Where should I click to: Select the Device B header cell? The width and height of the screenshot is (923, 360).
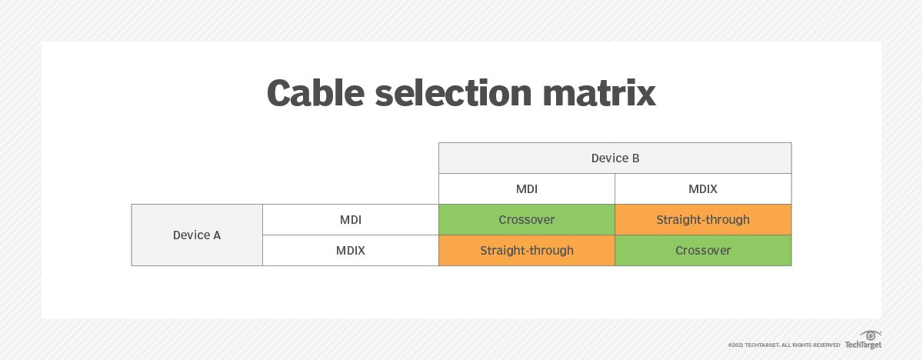click(x=615, y=158)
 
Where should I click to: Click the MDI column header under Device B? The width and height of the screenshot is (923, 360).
click(x=527, y=189)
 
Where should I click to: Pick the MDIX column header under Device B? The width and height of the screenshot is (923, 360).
click(x=703, y=189)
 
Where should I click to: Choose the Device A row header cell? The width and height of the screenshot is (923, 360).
click(x=197, y=235)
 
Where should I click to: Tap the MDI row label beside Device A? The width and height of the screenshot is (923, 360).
click(x=351, y=220)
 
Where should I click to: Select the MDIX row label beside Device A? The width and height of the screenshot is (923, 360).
click(x=351, y=251)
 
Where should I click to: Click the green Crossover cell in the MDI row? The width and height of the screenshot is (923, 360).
click(x=527, y=220)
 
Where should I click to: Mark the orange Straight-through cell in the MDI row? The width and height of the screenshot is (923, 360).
click(x=703, y=220)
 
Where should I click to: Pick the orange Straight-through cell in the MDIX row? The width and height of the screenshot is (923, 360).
click(x=527, y=251)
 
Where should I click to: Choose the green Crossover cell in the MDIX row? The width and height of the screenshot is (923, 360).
click(x=703, y=251)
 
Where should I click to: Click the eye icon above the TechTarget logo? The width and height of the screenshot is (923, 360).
click(x=871, y=335)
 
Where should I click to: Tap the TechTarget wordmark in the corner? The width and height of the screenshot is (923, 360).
click(x=863, y=345)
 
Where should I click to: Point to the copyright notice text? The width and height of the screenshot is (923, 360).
click(x=784, y=345)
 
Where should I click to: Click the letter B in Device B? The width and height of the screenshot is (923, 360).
click(x=635, y=158)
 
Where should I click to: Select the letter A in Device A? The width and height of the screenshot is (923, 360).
click(x=217, y=235)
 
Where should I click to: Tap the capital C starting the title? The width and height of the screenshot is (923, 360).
click(x=280, y=93)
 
